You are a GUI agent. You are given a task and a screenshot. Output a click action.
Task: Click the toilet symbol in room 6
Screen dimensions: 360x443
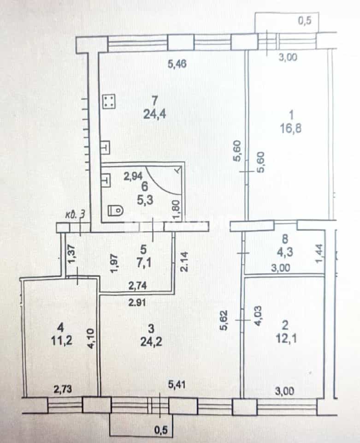pos(116,210)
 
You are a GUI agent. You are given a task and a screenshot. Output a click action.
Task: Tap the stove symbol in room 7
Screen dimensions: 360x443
pos(109,102)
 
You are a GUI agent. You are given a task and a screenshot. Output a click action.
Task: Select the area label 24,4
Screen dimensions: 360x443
pos(154,114)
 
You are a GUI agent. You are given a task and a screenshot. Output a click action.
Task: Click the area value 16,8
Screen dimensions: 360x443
pos(290,129)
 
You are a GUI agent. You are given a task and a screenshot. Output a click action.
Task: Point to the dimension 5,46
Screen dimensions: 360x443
pos(177,64)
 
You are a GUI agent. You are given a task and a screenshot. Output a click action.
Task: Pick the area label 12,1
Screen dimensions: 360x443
pos(286,338)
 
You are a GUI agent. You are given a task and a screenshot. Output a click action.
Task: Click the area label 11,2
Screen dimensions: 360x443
pos(61,341)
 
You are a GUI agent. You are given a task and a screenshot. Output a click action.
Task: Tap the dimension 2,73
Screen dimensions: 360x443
pos(63,389)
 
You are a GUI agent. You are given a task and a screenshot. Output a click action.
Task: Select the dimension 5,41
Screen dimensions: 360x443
pos(177,384)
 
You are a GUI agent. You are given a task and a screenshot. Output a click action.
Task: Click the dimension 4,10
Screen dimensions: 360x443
pos(91,338)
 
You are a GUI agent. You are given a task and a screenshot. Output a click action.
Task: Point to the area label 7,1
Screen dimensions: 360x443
pos(144,263)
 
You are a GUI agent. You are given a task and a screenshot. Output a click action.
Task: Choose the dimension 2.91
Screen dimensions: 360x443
pos(137,303)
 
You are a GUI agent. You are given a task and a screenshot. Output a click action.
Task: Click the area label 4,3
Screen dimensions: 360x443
pos(285,252)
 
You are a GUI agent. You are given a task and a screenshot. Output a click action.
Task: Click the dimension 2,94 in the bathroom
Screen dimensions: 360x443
pos(133,176)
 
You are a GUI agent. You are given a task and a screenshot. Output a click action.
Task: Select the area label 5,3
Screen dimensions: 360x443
pos(145,200)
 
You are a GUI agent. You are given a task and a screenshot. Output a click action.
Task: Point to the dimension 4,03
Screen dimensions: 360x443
pos(258,316)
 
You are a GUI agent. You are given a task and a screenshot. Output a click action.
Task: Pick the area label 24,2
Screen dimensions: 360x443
pos(151,342)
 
